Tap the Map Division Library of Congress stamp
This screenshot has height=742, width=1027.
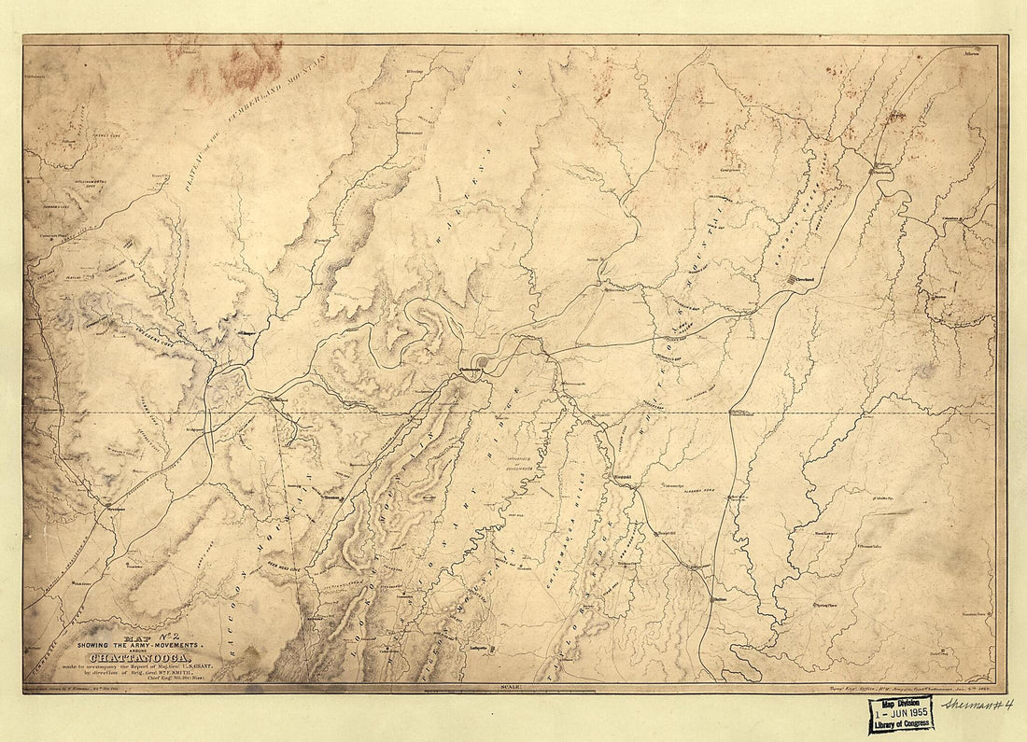click(x=901, y=714)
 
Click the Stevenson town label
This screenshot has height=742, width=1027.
click(x=115, y=511)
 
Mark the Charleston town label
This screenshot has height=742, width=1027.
click(x=881, y=171)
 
